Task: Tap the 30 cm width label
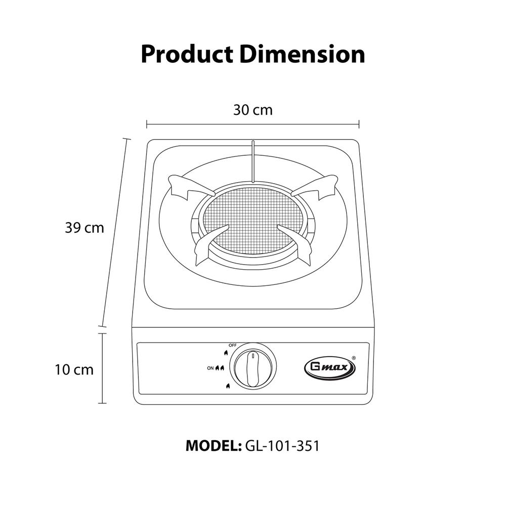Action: (x=252, y=110)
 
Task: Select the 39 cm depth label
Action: (x=84, y=228)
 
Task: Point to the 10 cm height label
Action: (x=74, y=370)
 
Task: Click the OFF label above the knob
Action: (x=233, y=345)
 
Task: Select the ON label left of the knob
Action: (x=210, y=368)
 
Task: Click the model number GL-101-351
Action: (x=282, y=446)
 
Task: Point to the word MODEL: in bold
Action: (x=213, y=446)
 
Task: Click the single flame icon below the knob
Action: (x=227, y=387)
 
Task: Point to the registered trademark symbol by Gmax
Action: (x=353, y=357)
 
